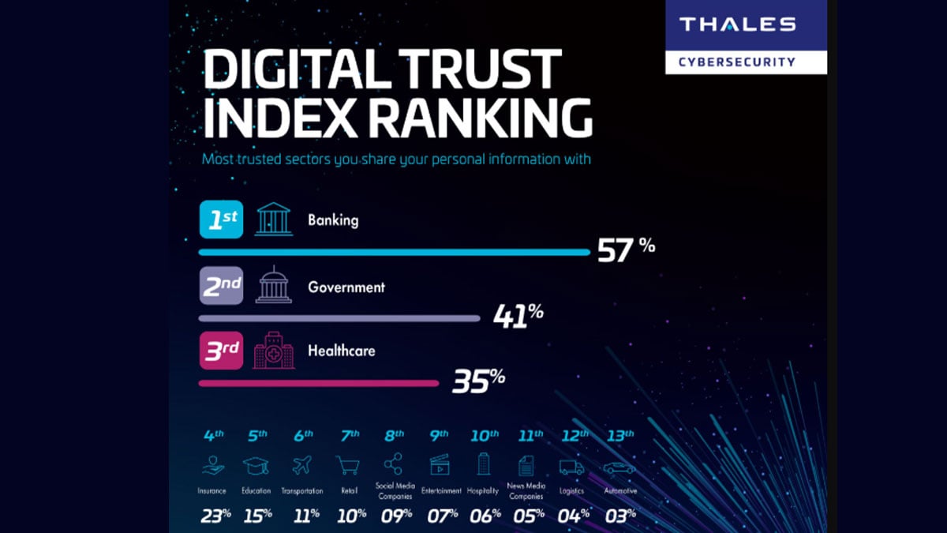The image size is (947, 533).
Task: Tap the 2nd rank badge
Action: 219,287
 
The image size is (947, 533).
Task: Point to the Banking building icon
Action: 273,219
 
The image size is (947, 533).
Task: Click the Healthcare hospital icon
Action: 273,352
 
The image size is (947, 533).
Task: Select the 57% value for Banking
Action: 626,250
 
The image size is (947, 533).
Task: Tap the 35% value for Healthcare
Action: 478,381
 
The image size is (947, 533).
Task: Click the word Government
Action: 346,287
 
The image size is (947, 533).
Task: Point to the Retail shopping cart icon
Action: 348,467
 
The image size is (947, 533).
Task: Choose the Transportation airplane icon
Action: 301,467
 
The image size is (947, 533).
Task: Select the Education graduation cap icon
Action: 257,467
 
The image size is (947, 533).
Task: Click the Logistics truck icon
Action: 571,467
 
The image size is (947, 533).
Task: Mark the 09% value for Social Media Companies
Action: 395,516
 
